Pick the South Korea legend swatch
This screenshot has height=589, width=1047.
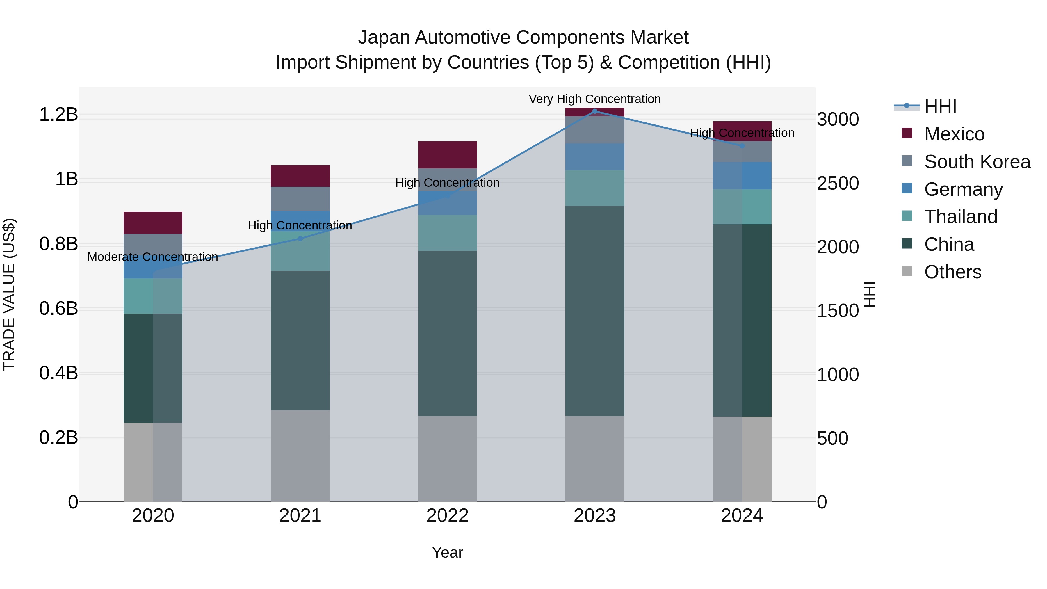[x=907, y=161]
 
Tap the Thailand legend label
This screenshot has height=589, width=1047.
[x=960, y=217]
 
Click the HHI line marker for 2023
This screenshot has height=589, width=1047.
[x=595, y=111]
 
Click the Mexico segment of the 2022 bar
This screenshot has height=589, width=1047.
[x=448, y=155]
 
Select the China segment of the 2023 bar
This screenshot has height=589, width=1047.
[x=595, y=311]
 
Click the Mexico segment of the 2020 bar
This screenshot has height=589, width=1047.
[x=153, y=223]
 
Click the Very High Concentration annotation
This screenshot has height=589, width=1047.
[x=595, y=99]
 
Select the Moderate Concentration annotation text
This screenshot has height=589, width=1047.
[x=153, y=257]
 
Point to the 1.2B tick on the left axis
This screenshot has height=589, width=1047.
[x=58, y=115]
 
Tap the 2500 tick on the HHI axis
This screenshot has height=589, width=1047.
[x=838, y=183]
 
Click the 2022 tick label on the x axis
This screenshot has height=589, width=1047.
[x=448, y=516]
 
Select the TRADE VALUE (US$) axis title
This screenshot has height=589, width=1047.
[x=9, y=294]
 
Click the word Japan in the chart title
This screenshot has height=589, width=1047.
[x=384, y=38]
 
